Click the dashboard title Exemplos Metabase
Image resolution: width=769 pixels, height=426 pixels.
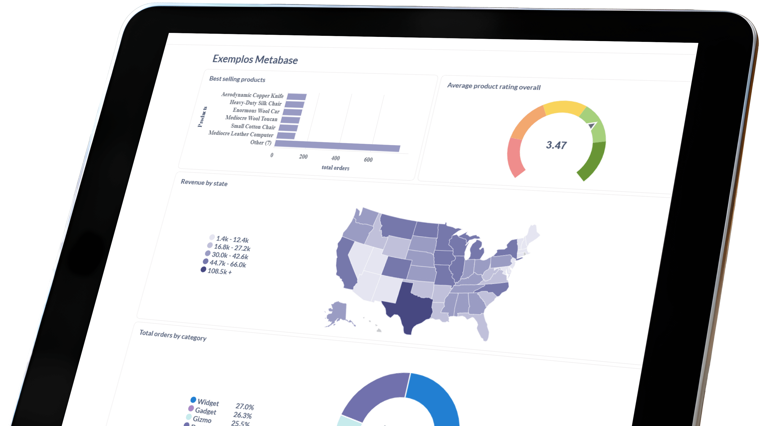click(255, 59)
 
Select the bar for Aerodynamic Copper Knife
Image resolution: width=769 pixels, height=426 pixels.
click(296, 97)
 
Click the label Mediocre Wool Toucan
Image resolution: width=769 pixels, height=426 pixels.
click(251, 118)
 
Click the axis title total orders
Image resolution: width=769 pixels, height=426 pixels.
click(335, 168)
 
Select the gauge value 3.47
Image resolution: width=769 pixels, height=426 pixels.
click(556, 145)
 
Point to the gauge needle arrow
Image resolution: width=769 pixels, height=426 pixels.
click(592, 125)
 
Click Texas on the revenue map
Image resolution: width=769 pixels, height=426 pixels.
click(409, 307)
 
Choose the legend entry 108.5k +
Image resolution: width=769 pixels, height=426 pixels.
click(219, 271)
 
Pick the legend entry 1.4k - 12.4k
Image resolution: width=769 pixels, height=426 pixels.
click(232, 239)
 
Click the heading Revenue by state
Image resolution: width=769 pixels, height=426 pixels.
click(204, 183)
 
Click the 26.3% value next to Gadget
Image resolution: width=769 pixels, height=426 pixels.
click(242, 415)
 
